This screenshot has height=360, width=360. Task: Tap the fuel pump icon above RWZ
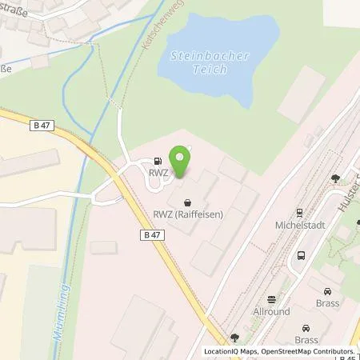(x=157, y=160)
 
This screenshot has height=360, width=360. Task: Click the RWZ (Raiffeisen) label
(x=188, y=214)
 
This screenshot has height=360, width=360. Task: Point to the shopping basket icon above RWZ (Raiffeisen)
(x=188, y=202)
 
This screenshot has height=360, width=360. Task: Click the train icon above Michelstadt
(x=299, y=214)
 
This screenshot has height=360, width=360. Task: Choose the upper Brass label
(x=327, y=303)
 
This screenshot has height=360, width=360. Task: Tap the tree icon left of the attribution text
(x=234, y=338)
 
